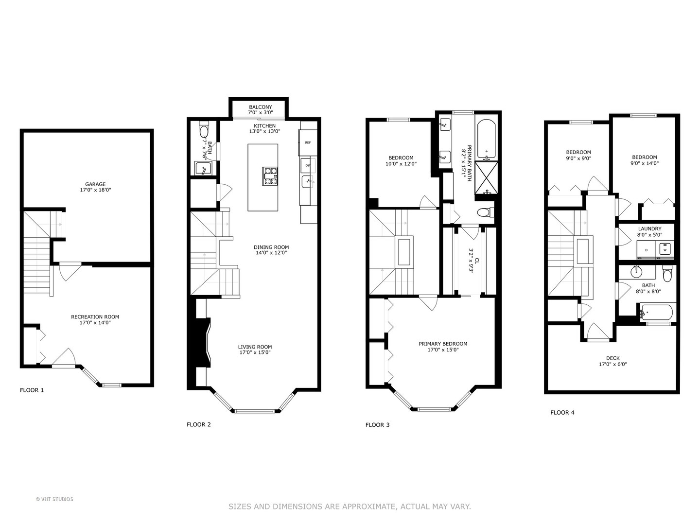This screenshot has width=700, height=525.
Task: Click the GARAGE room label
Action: (95, 184)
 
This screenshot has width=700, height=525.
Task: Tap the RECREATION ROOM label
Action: (95, 317)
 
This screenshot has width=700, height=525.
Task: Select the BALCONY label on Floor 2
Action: (261, 107)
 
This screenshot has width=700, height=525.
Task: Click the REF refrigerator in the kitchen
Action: (308, 143)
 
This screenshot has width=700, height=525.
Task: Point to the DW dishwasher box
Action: (308, 165)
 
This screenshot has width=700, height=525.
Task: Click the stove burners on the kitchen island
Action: (270, 176)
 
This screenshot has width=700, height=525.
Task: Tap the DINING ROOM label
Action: (271, 247)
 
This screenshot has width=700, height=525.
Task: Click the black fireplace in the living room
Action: (201, 345)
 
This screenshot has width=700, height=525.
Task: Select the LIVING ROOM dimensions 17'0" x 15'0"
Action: (255, 352)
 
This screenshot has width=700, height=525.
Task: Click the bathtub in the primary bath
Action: (486, 139)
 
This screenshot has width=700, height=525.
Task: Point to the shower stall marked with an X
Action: (486, 178)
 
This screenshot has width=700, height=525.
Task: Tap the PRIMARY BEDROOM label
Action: (443, 344)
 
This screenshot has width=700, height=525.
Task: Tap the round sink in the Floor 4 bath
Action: (636, 271)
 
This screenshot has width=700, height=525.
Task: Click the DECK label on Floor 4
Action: (612, 358)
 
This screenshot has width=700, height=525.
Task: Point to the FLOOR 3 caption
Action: (377, 425)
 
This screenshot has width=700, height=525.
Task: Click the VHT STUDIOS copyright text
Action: (54, 499)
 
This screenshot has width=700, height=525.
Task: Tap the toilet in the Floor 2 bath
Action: (204, 131)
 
